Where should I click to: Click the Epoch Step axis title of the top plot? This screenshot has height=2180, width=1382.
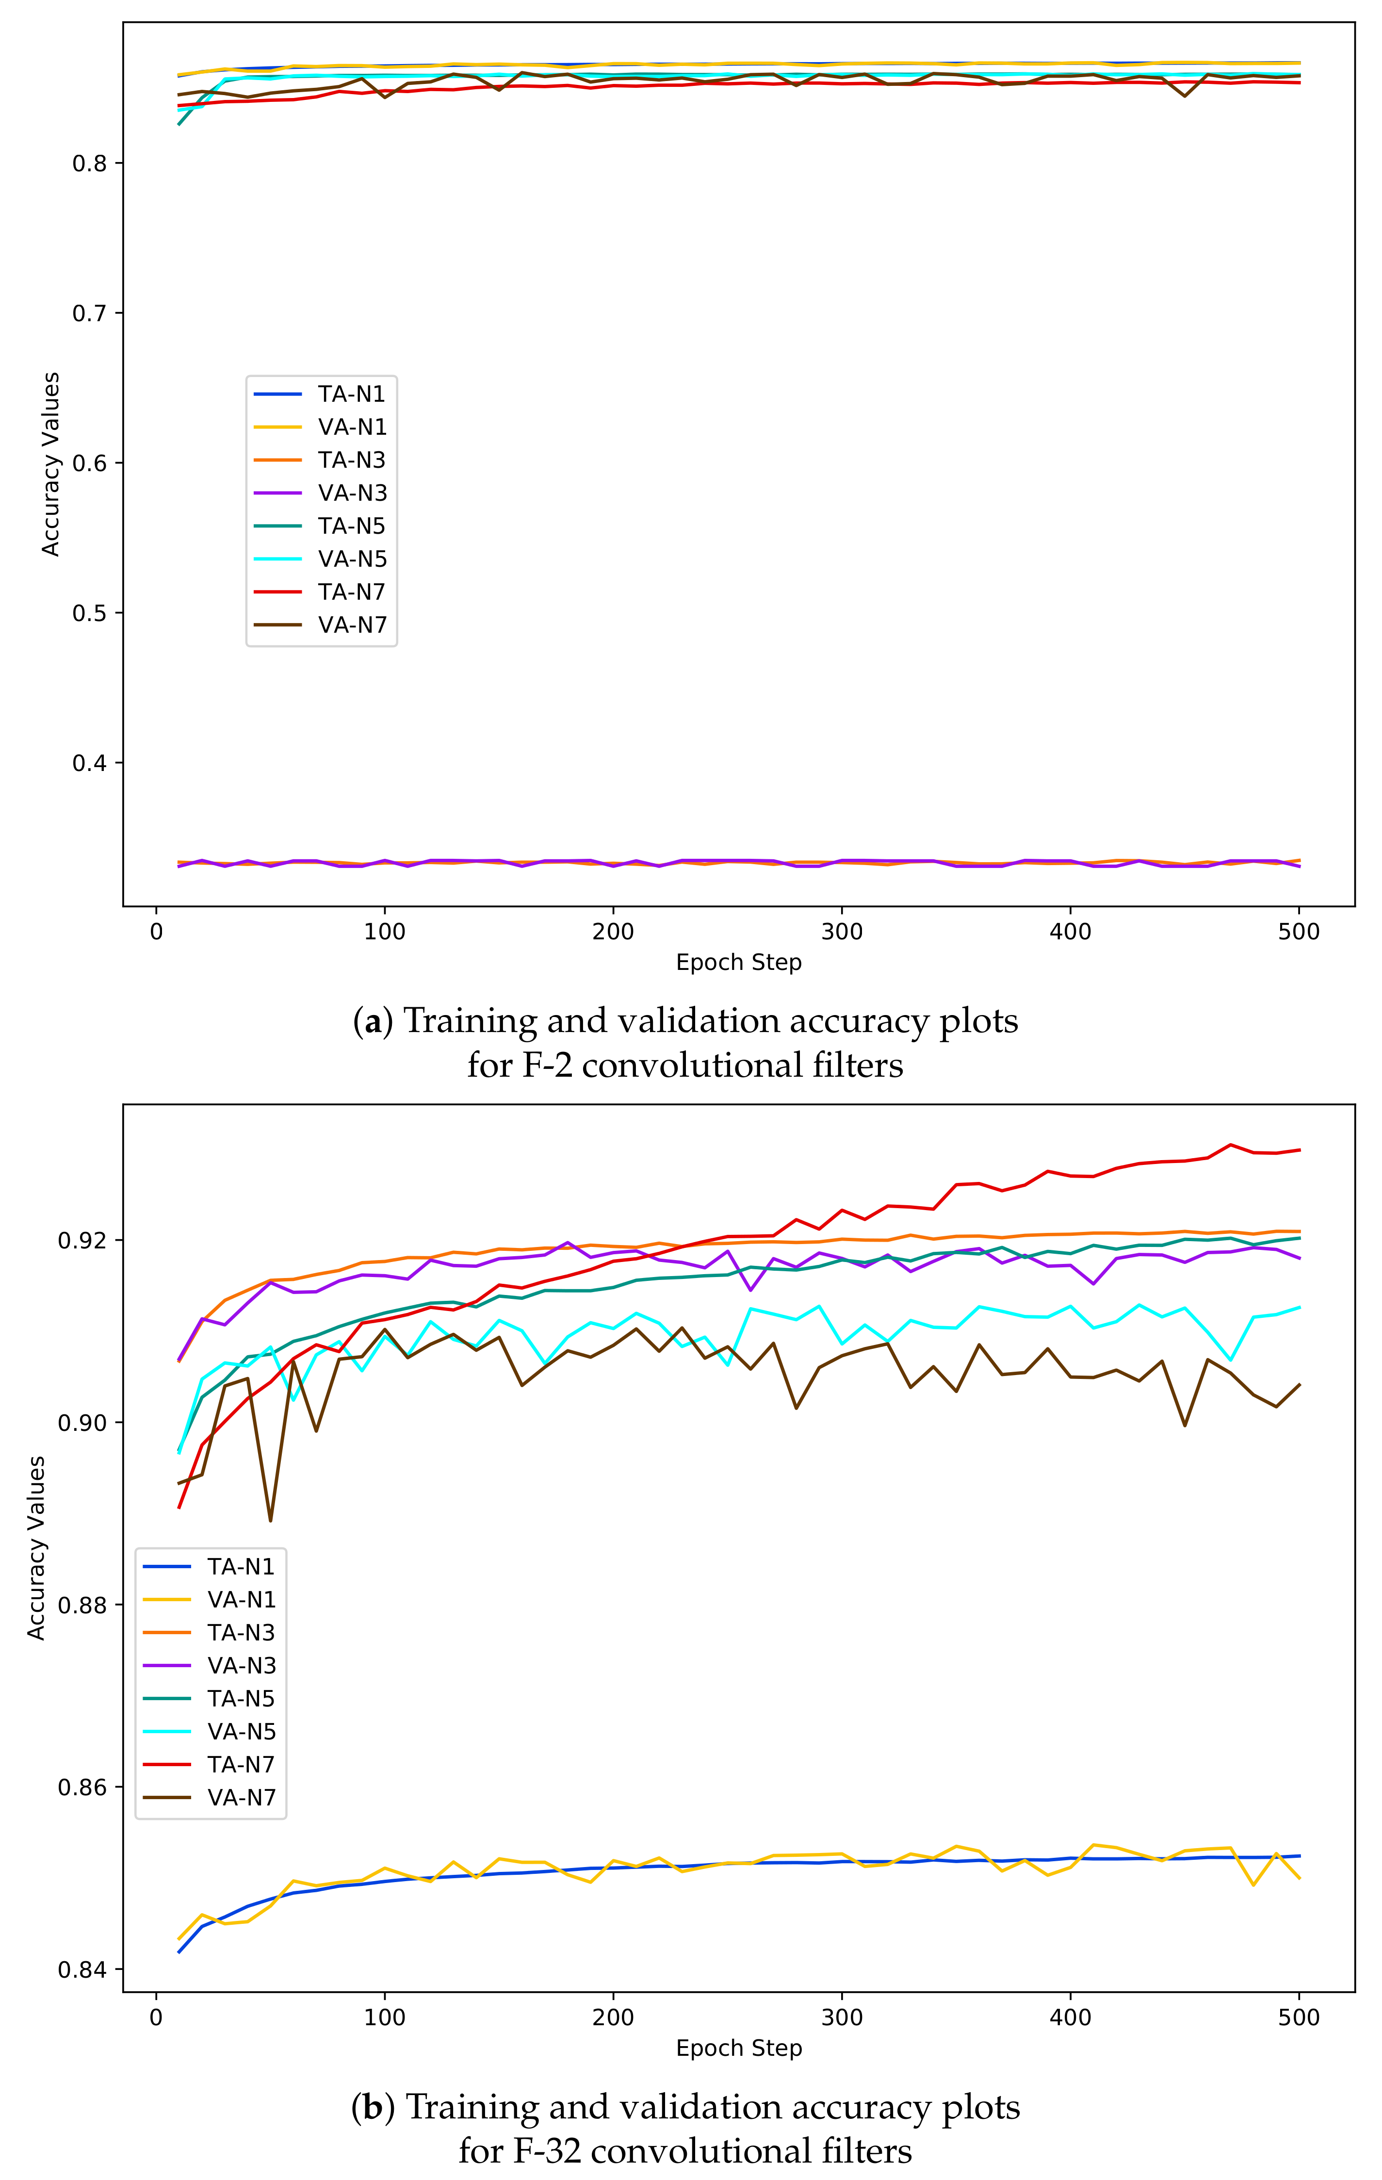tap(738, 962)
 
